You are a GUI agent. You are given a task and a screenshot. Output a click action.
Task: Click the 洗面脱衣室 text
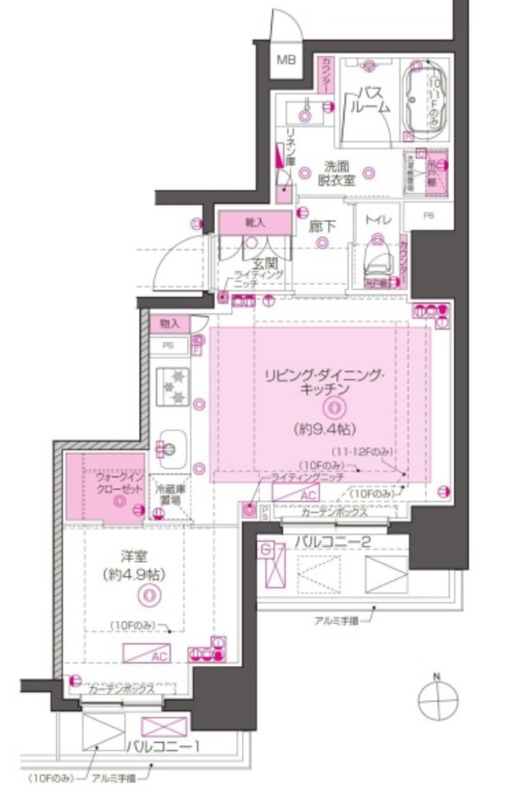click(335, 174)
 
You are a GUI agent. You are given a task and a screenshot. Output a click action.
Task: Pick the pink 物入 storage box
click(169, 323)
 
